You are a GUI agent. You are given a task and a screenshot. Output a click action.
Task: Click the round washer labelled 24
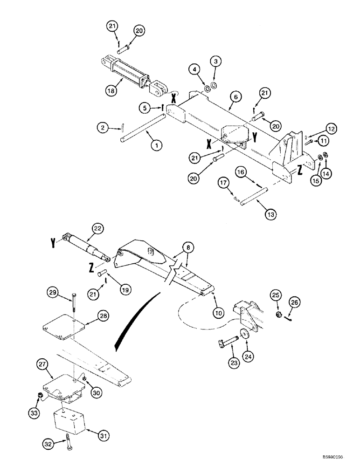click(x=243, y=334)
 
